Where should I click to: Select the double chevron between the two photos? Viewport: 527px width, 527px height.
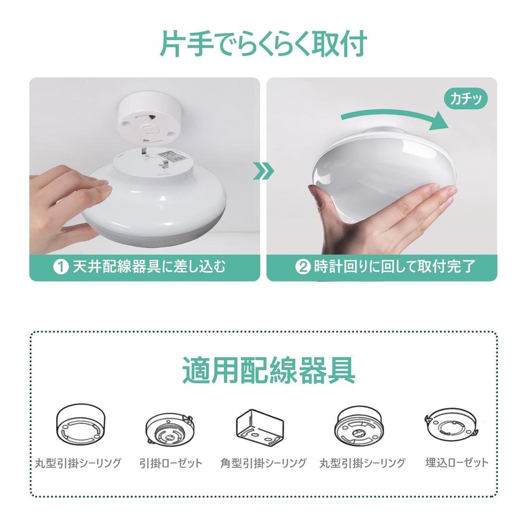click(x=262, y=171)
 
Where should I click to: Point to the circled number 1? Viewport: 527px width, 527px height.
click(x=61, y=268)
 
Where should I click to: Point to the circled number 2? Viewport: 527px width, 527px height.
click(x=302, y=268)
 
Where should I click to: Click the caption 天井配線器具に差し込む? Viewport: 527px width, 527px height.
click(x=149, y=268)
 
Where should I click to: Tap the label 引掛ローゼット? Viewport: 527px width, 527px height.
click(x=171, y=463)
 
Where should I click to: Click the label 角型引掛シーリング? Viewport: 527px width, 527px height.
click(x=263, y=463)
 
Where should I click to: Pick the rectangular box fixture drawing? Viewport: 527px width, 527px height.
click(x=260, y=426)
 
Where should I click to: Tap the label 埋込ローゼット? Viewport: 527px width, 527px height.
click(x=457, y=463)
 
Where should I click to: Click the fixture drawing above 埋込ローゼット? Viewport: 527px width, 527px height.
click(x=452, y=426)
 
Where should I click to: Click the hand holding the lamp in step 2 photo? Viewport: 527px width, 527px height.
click(x=381, y=211)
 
